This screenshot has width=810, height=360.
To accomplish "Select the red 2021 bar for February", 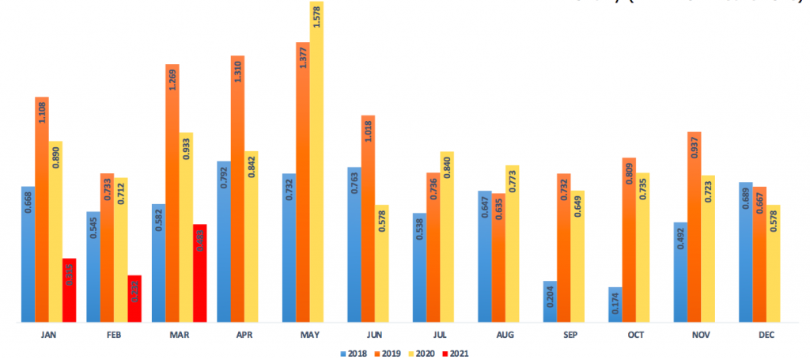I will pos(134,299).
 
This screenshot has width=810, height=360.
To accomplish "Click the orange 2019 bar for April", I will pos(237,190).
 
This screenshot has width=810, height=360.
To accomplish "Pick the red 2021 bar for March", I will pos(199,273).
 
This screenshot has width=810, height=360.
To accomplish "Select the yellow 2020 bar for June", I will pos(382,263).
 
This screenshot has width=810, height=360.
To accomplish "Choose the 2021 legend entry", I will pos(454,353).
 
